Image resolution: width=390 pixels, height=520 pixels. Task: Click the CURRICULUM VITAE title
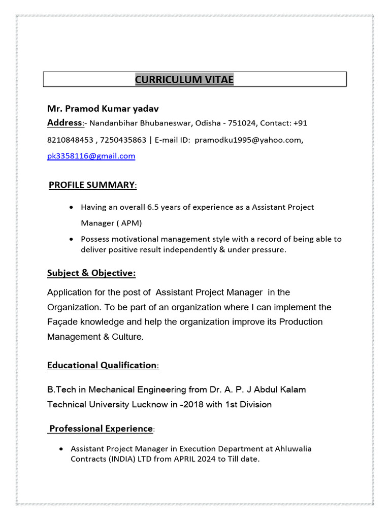[x=184, y=80]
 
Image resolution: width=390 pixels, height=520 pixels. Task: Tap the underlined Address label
[x=64, y=123]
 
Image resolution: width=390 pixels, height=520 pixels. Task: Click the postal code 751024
[x=243, y=123]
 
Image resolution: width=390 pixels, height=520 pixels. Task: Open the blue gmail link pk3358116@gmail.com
[x=91, y=156]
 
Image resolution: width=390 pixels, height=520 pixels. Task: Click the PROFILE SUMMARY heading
[x=92, y=185]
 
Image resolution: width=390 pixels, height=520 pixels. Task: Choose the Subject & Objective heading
[x=91, y=273]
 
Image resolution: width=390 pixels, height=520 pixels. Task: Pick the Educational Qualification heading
[x=102, y=365]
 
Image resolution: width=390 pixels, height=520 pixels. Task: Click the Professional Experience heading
[x=101, y=429]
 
